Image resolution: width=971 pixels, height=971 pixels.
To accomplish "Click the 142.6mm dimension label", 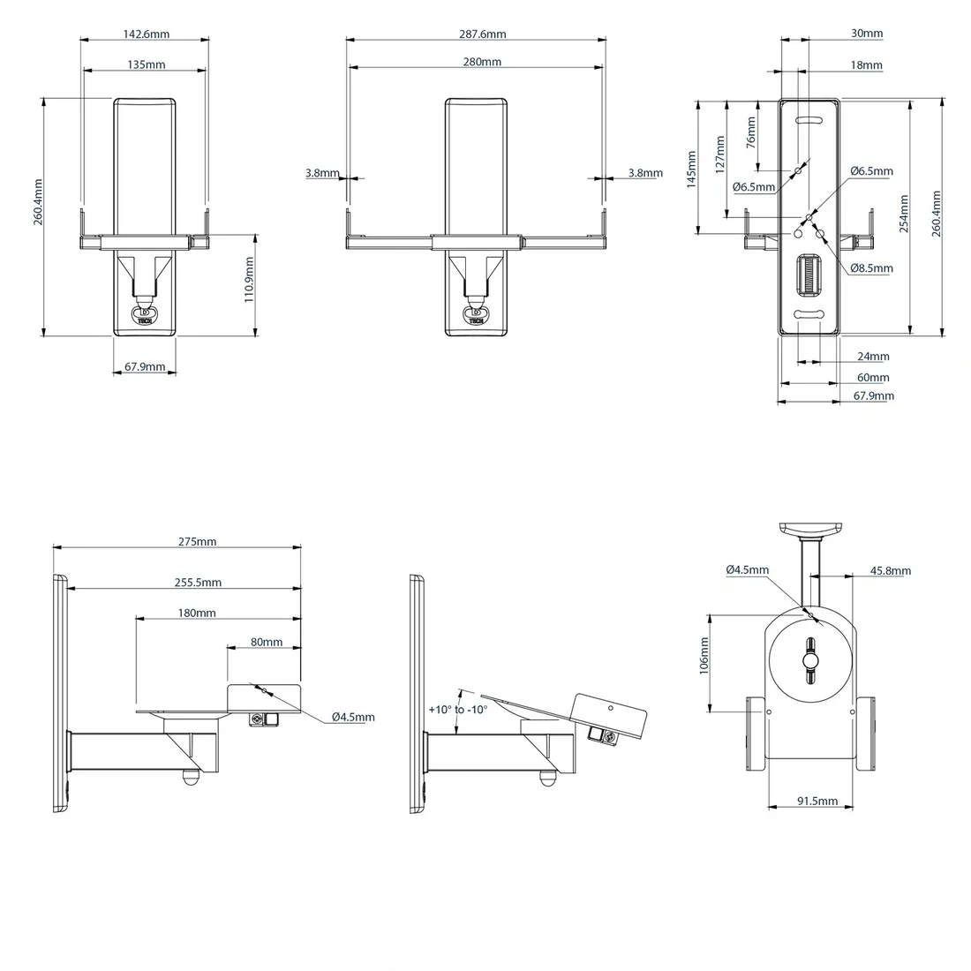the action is [147, 34].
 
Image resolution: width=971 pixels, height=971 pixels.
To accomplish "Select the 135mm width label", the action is [147, 64].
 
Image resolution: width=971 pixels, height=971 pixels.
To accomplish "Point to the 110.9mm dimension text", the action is [249, 280].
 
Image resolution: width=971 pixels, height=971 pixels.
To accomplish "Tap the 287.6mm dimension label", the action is [482, 34].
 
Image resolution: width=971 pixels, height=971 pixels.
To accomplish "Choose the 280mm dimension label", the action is [482, 62].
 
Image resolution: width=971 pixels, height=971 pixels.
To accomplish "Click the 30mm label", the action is [866, 34].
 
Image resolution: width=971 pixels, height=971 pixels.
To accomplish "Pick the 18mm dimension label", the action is [866, 65].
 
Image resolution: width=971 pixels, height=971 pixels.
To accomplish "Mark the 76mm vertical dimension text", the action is [751, 132].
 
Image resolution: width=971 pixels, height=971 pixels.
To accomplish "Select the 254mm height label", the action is [904, 214].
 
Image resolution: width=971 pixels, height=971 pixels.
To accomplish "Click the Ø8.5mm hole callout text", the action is [871, 268].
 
